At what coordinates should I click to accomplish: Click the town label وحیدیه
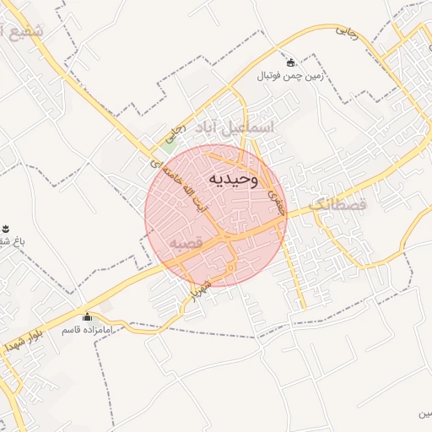[230, 180]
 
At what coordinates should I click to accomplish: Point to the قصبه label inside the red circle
[186, 243]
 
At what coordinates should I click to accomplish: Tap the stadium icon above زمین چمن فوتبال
[291, 62]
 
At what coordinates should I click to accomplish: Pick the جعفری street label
[273, 199]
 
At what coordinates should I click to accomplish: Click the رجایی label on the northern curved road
[347, 31]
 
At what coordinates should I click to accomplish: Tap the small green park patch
[170, 143]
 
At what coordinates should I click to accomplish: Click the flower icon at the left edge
[5, 229]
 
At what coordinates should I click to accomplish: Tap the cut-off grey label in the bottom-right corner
[422, 415]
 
